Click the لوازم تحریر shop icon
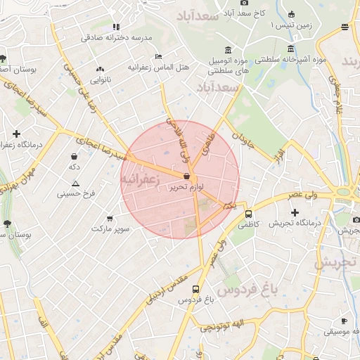186,176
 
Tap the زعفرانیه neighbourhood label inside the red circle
141,181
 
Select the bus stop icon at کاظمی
248,214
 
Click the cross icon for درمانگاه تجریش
295,212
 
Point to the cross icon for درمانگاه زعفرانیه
17,134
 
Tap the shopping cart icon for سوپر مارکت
109,218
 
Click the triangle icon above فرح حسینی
75,183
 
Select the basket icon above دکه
75,156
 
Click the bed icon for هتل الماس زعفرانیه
158,56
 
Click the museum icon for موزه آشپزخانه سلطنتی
291,49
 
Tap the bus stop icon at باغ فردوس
195,289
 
